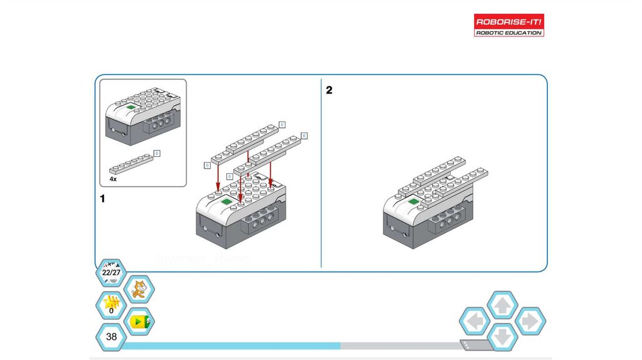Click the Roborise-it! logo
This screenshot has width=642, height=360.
point(508,24)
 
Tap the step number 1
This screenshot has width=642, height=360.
point(102,199)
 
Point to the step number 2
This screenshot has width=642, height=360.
point(329,90)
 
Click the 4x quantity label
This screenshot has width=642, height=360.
point(113,179)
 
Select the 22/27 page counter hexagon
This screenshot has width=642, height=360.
point(111,273)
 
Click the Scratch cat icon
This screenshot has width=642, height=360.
point(139,290)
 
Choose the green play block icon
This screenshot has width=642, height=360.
point(139,322)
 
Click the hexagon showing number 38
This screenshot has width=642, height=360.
point(111,337)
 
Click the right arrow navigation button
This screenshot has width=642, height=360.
point(530,322)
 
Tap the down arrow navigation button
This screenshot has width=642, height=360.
point(502,337)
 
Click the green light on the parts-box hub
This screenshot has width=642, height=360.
point(131,107)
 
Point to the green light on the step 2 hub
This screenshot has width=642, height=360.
point(413,201)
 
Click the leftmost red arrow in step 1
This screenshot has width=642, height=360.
point(218,176)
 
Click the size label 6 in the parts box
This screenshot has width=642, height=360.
point(157,153)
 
